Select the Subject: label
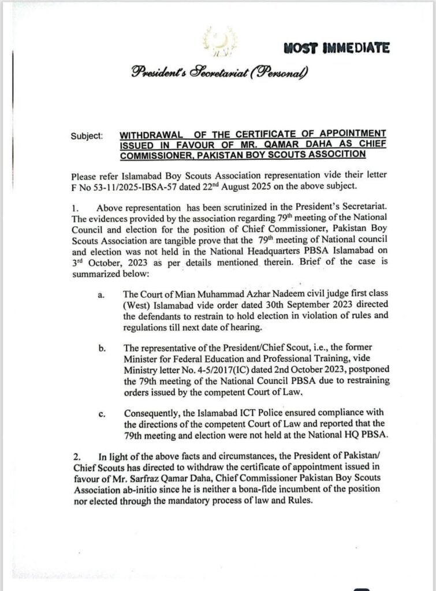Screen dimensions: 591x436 [87, 136]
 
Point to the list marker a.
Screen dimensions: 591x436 [100, 295]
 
